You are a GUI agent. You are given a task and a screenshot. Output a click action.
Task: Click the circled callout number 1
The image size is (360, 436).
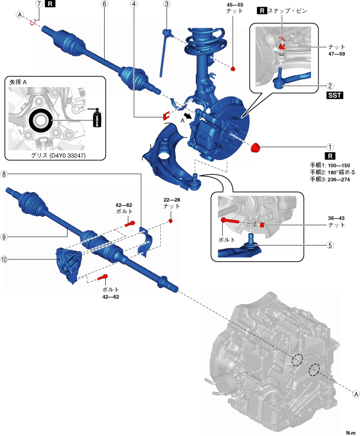[331, 147]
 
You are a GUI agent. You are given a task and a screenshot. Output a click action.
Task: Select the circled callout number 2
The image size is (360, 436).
[331, 86]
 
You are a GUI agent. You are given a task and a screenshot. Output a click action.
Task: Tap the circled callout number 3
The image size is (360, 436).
[166, 4]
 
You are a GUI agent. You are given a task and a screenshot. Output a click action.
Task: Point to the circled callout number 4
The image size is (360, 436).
[134, 4]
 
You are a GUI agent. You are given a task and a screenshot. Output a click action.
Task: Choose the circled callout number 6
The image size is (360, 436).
[104, 4]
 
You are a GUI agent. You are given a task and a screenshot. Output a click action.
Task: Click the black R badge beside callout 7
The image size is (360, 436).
[51, 4]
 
